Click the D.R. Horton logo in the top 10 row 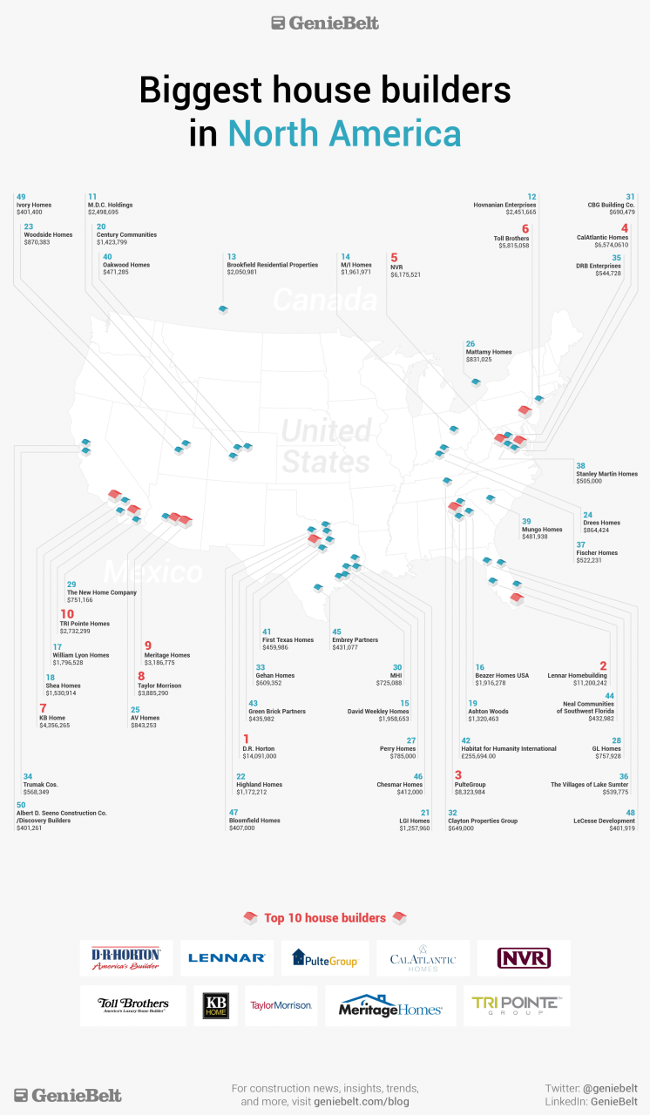pos(126,958)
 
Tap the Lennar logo pos(227,958)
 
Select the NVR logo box pos(524,958)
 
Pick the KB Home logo pos(215,1006)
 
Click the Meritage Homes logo pos(390,1007)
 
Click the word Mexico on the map pos(152,572)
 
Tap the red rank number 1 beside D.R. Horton pos(246,740)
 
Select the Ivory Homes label pos(34,205)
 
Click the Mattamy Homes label pos(488,352)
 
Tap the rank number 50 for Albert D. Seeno pos(21,805)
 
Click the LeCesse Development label pos(605,820)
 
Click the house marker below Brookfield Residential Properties pos(223,309)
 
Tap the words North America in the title pos(344,134)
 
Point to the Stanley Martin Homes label pos(606,474)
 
